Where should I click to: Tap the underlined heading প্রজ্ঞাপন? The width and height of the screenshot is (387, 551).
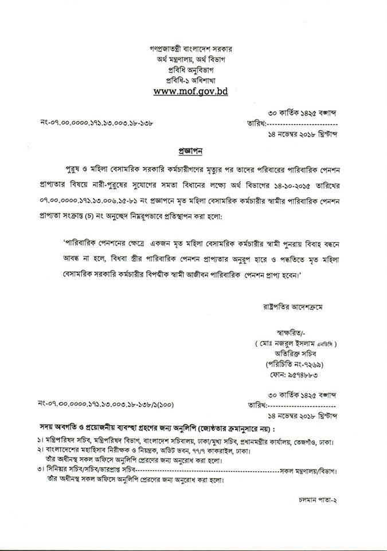tap(193, 151)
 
